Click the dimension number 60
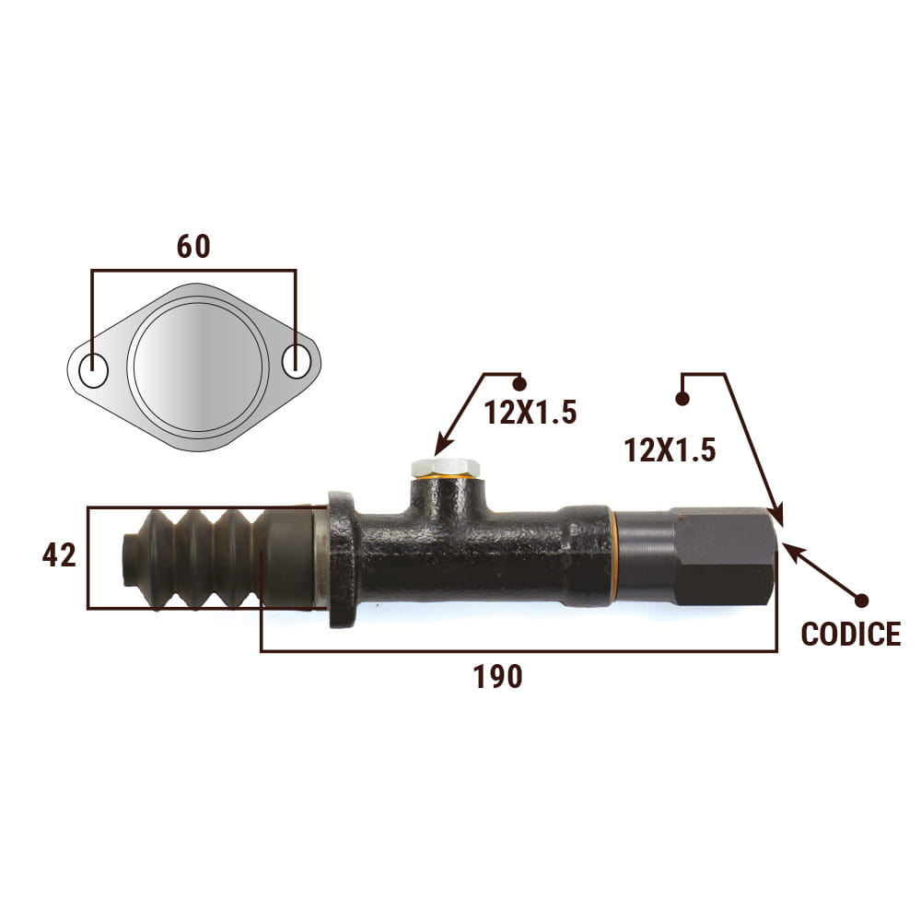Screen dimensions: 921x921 [x=193, y=247]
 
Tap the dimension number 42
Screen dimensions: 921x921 [x=59, y=555]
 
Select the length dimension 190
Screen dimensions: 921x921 [x=497, y=677]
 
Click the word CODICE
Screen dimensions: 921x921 [x=850, y=634]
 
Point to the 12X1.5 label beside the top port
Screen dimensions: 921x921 [x=530, y=412]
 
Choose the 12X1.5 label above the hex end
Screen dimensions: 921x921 [x=670, y=450]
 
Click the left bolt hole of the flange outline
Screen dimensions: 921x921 [x=93, y=370]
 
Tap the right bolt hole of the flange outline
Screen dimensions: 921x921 [x=296, y=361]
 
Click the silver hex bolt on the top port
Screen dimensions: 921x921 [x=445, y=468]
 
